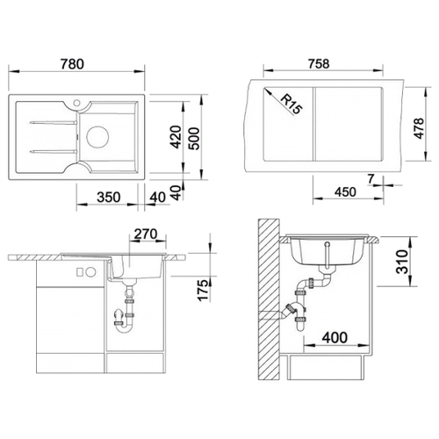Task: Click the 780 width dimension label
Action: [x=72, y=64]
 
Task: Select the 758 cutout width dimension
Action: [x=319, y=64]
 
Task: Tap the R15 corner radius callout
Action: [x=291, y=104]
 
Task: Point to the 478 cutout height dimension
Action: [x=419, y=128]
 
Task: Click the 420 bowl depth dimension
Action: [x=176, y=137]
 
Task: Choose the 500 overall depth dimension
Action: [x=193, y=139]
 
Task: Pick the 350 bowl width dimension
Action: [x=109, y=198]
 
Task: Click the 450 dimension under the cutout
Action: [x=345, y=192]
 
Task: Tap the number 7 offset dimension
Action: [x=371, y=179]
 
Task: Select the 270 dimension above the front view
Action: [x=146, y=234]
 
